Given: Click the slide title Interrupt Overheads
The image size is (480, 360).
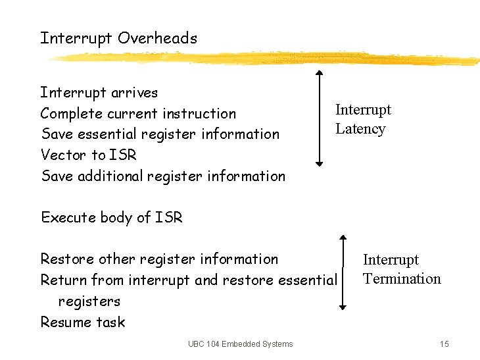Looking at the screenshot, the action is click(118, 38).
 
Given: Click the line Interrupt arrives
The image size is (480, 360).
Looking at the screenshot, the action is click(99, 92).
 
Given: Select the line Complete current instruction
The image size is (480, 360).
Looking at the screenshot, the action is click(138, 113).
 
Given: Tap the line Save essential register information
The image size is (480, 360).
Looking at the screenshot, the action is click(160, 134).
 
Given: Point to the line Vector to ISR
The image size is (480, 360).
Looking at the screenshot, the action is click(89, 155).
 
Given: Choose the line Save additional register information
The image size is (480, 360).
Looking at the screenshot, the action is click(163, 176).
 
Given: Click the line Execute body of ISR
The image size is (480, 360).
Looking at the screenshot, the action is click(111, 218).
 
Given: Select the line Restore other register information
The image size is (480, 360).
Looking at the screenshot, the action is click(159, 259).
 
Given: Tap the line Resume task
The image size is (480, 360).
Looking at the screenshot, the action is click(82, 322).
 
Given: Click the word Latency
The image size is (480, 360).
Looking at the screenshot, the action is click(360, 129).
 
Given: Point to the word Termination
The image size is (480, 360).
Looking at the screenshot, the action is click(402, 279).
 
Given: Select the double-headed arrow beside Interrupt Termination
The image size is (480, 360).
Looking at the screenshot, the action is click(343, 271).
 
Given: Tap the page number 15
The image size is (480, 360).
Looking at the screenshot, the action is click(444, 344).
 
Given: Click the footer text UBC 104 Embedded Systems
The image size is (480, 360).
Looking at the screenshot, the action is click(240, 344).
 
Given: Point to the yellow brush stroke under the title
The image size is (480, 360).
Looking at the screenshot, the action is click(263, 59).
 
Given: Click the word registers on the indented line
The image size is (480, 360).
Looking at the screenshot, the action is click(89, 301).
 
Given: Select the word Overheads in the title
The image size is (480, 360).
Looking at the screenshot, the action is click(157, 38).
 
